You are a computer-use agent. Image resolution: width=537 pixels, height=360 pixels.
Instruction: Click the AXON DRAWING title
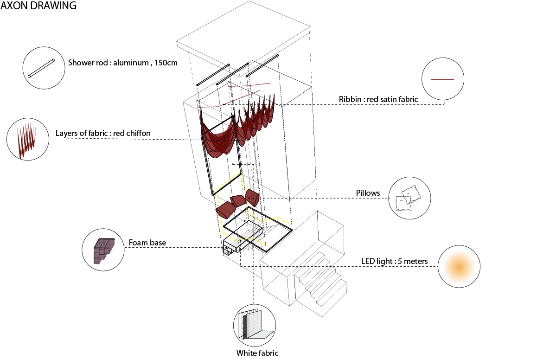coord(38,6)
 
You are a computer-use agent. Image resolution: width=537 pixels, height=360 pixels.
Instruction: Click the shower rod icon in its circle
coord(41,68)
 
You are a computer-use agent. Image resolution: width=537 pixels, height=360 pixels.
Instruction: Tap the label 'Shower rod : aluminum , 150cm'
coord(122,63)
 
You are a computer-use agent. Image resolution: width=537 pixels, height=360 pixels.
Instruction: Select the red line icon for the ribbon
coord(442,79)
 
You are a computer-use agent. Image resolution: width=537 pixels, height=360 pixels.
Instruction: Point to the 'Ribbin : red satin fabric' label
coord(378,99)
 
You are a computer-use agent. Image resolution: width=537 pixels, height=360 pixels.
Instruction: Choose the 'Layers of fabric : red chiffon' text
coord(103,133)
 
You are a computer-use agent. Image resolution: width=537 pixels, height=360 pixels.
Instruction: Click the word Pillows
coord(368,193)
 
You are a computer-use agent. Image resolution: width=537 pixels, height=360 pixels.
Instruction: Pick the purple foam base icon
coord(103,251)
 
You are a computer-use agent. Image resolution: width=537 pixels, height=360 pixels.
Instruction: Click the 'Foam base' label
coord(147,243)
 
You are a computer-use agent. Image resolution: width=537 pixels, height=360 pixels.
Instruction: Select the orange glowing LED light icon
coord(459,266)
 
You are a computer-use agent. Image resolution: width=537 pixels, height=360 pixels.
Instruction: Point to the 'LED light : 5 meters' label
coord(395,261)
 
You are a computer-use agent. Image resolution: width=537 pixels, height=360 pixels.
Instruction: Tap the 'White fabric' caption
coord(257,353)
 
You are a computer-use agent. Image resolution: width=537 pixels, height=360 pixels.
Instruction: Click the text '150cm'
coord(166,63)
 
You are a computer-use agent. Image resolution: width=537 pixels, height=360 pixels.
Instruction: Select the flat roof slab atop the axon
coord(243,37)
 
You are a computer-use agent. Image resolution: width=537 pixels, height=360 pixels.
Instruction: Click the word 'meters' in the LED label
coord(416,261)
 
